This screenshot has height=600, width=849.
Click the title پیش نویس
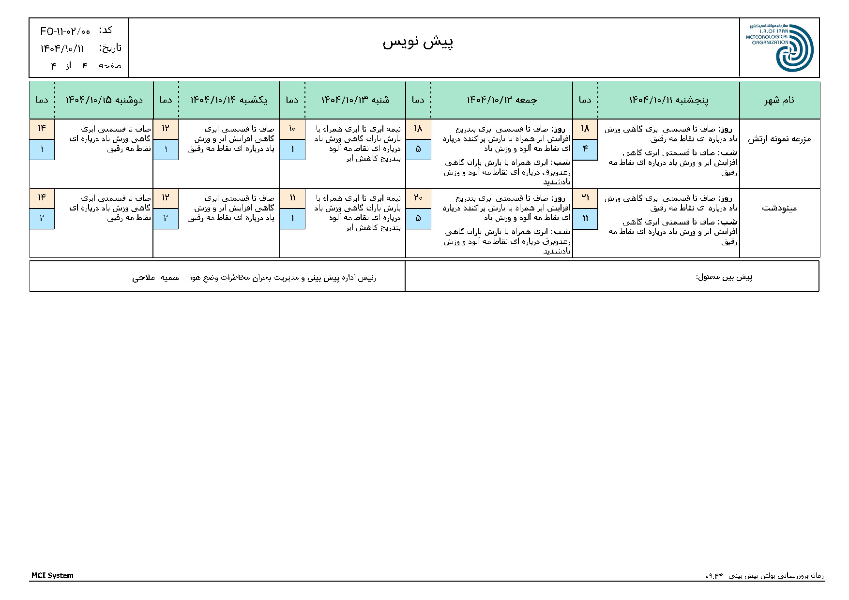click(418, 42)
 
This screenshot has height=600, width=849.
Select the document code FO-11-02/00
click(65, 31)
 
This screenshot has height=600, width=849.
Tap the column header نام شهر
click(779, 100)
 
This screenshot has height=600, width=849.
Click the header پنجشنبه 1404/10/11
click(668, 100)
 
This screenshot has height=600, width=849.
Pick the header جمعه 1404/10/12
click(501, 100)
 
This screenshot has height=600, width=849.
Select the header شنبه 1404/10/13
click(355, 100)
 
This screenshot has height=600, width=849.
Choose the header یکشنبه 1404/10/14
click(228, 100)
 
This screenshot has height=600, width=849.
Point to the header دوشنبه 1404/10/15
click(104, 100)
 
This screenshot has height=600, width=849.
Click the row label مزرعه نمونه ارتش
click(779, 139)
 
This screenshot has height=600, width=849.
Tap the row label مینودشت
click(779, 208)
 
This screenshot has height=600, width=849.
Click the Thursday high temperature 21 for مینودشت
click(585, 198)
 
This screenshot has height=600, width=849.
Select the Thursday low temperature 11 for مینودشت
click(585, 218)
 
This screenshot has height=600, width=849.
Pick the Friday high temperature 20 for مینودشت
click(418, 198)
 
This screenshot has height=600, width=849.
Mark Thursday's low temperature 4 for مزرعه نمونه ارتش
click(585, 149)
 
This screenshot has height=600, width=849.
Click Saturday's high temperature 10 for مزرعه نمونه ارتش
click(292, 129)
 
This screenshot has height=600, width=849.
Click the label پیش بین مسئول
click(724, 277)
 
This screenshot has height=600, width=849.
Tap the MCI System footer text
click(52, 575)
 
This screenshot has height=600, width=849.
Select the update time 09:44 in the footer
click(714, 576)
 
